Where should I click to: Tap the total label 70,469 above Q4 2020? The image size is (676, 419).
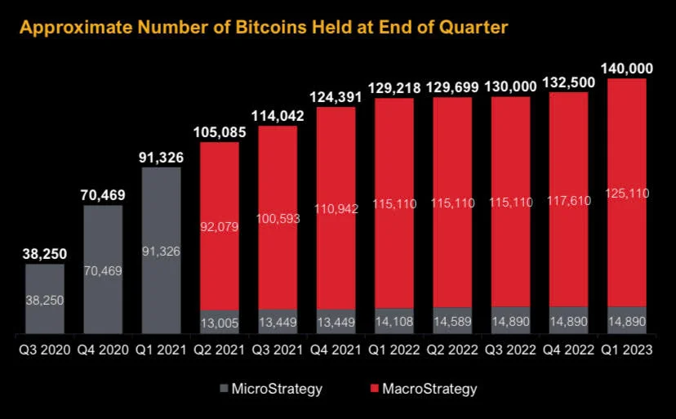tap(102, 194)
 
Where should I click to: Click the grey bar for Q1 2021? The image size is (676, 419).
tap(161, 250)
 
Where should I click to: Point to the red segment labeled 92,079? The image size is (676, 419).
tap(219, 226)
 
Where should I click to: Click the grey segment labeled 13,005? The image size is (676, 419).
tap(219, 323)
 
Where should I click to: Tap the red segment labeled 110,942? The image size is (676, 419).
tap(336, 208)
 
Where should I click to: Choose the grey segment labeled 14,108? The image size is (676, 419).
tap(394, 322)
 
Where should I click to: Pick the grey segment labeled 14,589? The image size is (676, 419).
tap(452, 322)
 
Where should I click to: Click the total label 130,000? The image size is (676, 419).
tap(511, 86)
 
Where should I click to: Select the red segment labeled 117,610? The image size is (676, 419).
tap(569, 198)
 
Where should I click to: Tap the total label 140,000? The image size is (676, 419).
tap(627, 68)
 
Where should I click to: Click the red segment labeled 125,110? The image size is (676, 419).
tap(627, 192)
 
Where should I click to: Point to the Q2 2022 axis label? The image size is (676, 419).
tap(452, 350)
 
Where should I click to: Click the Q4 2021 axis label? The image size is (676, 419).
tap(336, 350)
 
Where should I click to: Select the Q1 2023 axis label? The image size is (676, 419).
tap(627, 350)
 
